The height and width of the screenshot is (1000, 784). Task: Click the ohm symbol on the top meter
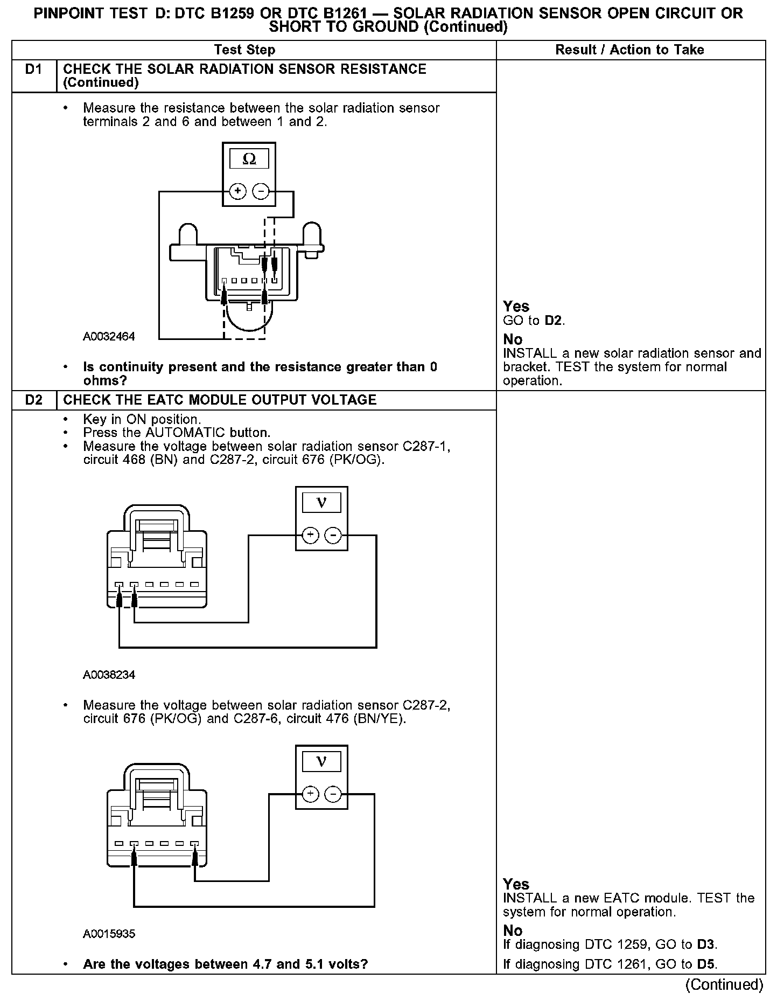249,159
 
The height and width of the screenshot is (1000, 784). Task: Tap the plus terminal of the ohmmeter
237,191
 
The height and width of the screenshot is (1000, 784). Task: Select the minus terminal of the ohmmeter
261,191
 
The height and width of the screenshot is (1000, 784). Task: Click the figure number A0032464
109,337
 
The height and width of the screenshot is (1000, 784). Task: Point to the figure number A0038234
109,675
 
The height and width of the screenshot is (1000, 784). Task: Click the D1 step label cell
34,70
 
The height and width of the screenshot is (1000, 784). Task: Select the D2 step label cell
34,400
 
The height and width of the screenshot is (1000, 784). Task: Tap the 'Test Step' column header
244,50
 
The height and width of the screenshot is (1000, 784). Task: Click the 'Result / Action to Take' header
629,50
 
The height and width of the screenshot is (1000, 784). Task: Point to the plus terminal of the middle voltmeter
311,535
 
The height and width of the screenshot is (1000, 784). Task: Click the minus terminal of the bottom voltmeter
333,794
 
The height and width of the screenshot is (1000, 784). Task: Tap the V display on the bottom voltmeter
321,761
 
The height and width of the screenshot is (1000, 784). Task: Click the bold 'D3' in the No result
706,945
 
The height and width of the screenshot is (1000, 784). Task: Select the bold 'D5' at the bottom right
706,964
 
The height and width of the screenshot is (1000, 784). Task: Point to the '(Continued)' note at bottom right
724,984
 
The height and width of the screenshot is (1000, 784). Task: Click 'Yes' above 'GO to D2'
516,307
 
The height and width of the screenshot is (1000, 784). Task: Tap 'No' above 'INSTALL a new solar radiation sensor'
513,339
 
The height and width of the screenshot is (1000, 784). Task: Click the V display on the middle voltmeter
321,503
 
